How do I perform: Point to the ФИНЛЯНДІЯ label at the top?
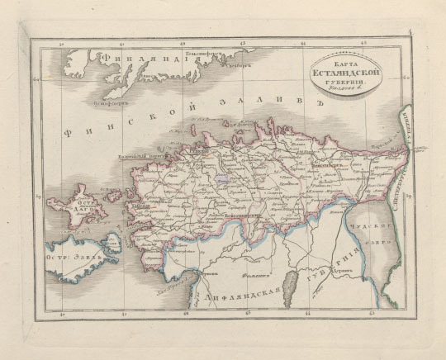pyautogui.click(x=136, y=60)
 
